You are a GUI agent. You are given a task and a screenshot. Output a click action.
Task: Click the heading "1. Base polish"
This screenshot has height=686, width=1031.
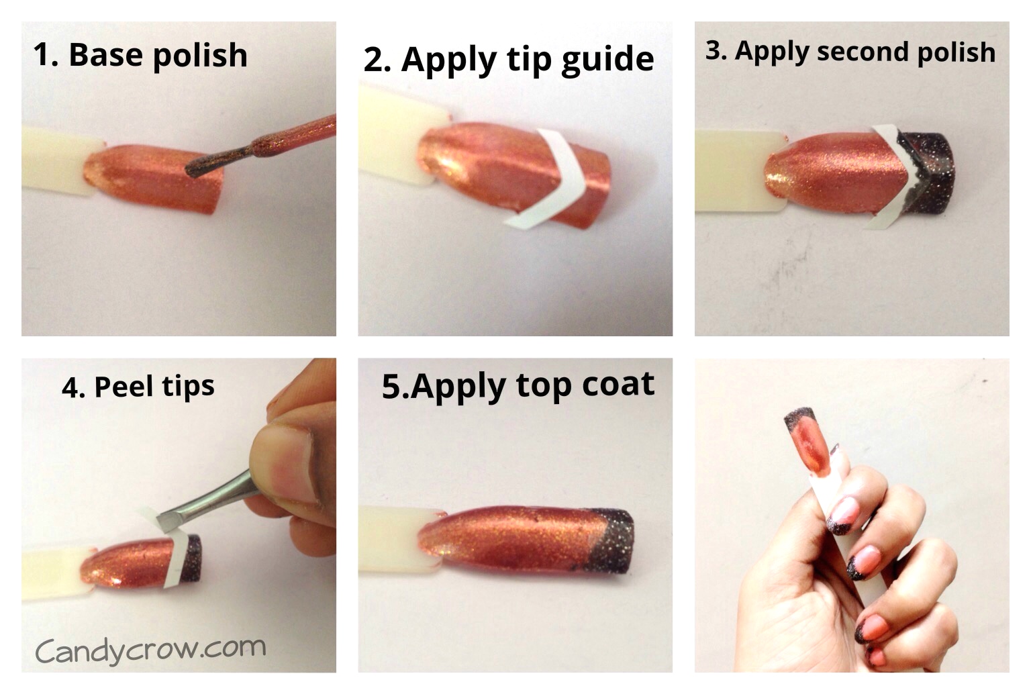tap(140, 55)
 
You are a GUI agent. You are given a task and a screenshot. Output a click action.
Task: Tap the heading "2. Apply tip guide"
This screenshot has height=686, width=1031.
tap(508, 60)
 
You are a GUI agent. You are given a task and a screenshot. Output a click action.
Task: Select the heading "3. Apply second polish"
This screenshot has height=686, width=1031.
tap(850, 52)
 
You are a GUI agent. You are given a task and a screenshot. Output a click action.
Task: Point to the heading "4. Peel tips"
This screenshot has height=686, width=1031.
tap(138, 387)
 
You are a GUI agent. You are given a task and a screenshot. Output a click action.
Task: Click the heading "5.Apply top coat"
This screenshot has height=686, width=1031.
tap(518, 386)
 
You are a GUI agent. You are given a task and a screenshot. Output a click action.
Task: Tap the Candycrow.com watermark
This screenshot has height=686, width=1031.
tap(150, 649)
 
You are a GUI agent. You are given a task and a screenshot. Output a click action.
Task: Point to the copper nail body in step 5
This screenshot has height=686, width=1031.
tap(510, 540)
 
